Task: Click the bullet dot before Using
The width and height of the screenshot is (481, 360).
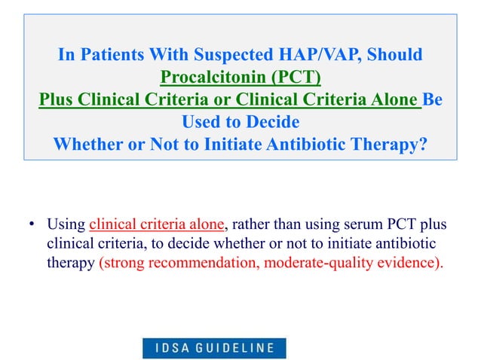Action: pos(32,224)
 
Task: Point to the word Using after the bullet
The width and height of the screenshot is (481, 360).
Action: pos(66,224)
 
